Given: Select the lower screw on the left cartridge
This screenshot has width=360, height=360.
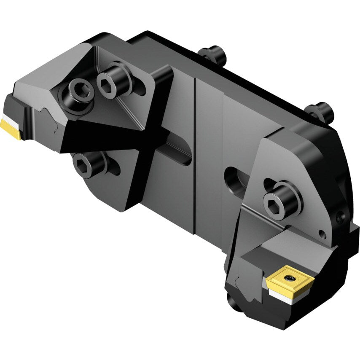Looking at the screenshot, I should coord(88,162).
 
